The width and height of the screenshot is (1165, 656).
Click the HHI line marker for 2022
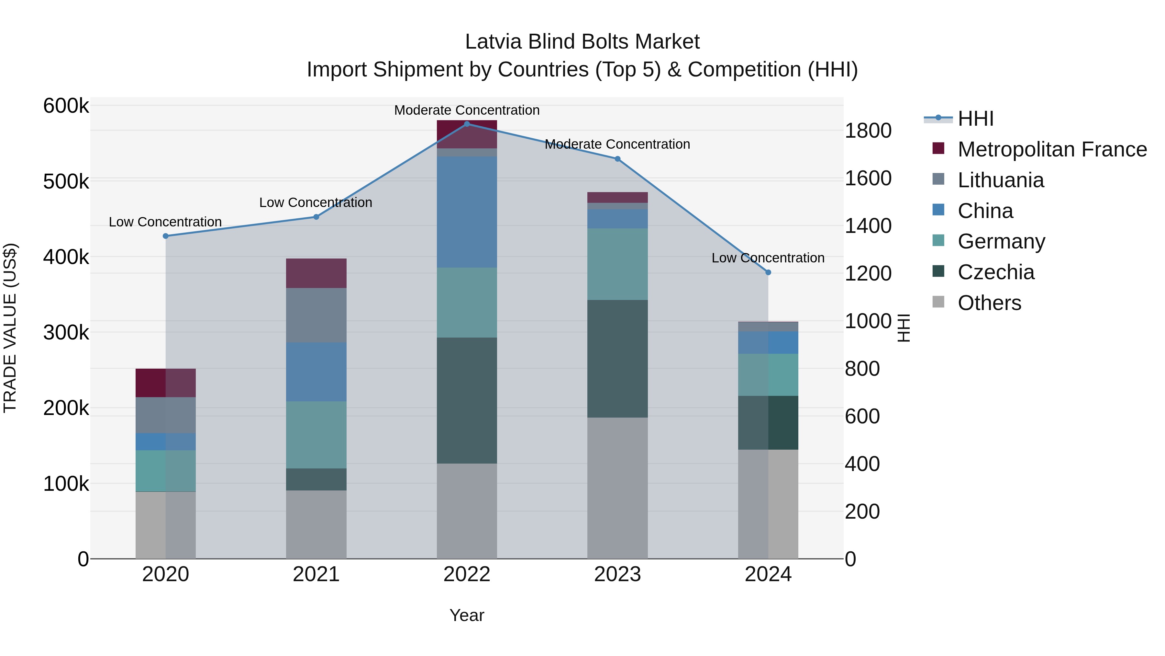click(x=467, y=124)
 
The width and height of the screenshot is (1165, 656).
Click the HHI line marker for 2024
click(x=768, y=272)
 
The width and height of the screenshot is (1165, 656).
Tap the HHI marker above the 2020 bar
click(x=165, y=236)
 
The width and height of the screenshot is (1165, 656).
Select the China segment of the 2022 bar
click(x=467, y=212)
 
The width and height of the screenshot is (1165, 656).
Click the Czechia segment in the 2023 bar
click(x=617, y=359)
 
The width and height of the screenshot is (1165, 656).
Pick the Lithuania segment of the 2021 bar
click(x=316, y=315)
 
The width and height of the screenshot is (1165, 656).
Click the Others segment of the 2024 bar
click(x=768, y=503)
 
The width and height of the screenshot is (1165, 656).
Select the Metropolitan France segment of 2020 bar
click(x=165, y=383)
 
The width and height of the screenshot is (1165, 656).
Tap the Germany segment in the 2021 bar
click(x=316, y=435)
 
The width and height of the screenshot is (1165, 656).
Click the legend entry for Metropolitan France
click(x=1052, y=149)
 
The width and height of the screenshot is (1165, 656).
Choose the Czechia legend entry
click(x=995, y=272)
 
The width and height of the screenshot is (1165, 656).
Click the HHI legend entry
click(x=975, y=119)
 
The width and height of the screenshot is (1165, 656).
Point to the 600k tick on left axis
click(x=66, y=106)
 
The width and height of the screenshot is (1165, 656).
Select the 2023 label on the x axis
click(x=617, y=574)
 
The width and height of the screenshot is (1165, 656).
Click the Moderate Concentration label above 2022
click(x=467, y=110)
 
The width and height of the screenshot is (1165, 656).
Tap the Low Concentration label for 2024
click(x=768, y=258)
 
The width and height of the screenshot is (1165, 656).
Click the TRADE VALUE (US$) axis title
click(x=10, y=328)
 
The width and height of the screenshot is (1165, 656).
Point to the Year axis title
click(x=467, y=615)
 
